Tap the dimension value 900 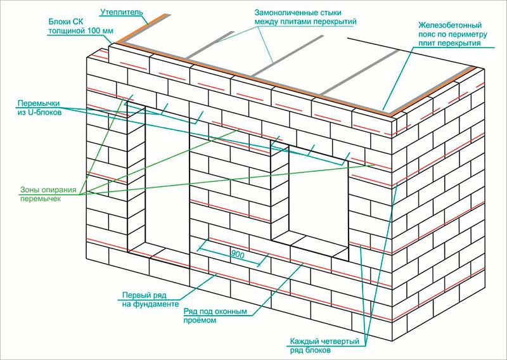(238, 254)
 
